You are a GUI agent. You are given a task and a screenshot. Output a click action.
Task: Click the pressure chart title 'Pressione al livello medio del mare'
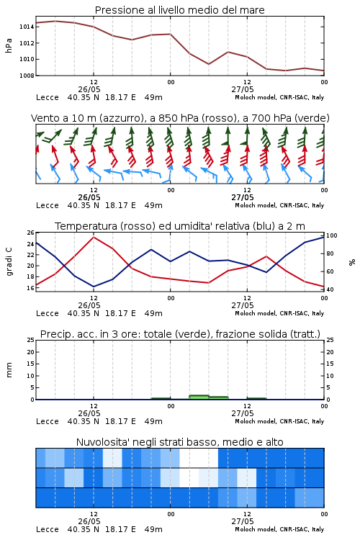coord(179,10)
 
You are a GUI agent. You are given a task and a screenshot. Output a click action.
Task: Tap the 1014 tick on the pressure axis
coord(27,27)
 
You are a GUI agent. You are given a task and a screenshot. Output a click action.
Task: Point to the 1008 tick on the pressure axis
coord(27,76)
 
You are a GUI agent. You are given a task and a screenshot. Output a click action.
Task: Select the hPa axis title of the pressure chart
coord(9,45)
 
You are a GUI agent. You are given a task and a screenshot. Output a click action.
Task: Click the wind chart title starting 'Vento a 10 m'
coord(180,118)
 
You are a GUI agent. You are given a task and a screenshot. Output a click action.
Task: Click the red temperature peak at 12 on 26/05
coord(94,238)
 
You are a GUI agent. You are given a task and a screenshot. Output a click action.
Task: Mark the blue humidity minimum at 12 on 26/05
coord(94,287)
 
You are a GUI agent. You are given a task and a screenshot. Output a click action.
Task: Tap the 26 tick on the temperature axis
coord(31,233)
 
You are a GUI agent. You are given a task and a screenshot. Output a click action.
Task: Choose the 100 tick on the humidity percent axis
coord(332,235)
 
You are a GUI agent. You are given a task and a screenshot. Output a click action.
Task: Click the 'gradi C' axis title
coord(9,261)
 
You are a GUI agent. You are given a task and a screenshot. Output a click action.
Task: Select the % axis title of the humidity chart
coord(352,262)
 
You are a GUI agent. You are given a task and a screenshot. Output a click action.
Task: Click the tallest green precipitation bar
coord(199,397)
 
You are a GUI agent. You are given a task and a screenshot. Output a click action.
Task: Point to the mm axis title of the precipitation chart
coord(9,370)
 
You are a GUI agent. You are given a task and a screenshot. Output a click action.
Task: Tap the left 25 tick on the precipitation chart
coord(31,340)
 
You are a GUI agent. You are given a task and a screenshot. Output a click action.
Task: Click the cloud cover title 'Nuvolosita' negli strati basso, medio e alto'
coord(179,442)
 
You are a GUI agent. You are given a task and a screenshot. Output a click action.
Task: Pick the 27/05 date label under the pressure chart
coord(243,89)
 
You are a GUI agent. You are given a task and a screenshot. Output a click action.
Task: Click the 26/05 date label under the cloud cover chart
coord(89,521)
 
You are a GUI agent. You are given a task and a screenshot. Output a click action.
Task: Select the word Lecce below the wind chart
coord(48,205)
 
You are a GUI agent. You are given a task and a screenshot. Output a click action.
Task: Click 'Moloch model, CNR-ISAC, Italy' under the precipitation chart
coord(279,421)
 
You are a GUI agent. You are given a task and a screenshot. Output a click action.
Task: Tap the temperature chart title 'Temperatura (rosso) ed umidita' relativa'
coord(180,226)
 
